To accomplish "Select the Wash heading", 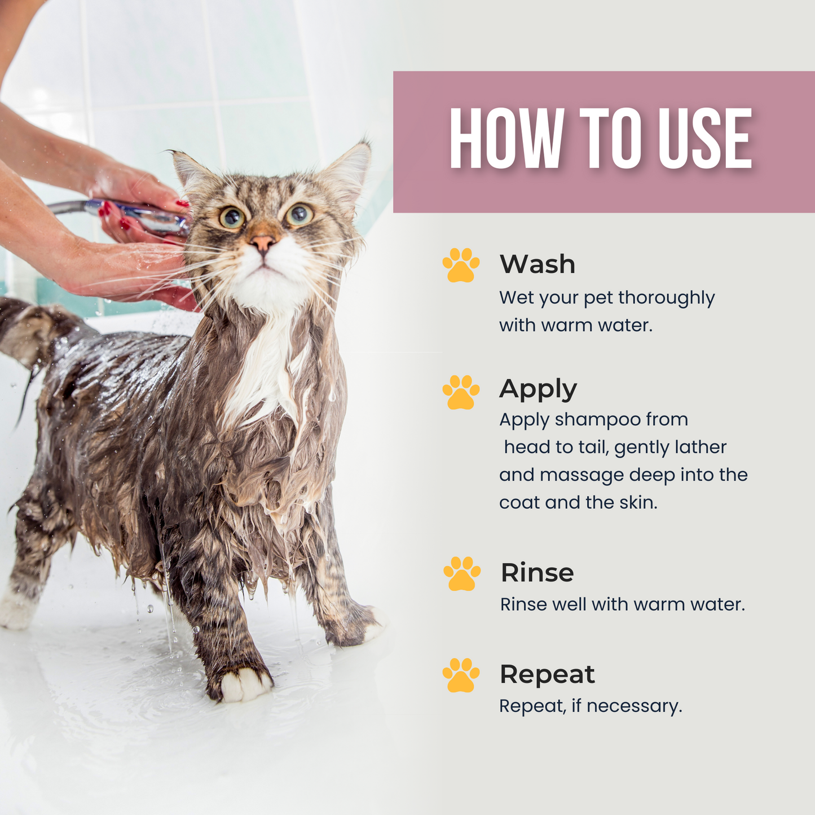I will coord(537,264).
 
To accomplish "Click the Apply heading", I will coord(538,389).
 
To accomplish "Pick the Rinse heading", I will coord(537,572).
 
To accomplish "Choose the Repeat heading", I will coord(547,674).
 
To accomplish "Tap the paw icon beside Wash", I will coord(461,265).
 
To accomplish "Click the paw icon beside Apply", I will coord(461,392).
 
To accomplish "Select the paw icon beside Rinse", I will coord(461,574).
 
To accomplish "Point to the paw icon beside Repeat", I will coord(461,675).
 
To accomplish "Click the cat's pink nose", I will coord(263,243).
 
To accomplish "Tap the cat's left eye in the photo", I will coord(232,217).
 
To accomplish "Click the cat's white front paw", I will coord(244,684).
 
